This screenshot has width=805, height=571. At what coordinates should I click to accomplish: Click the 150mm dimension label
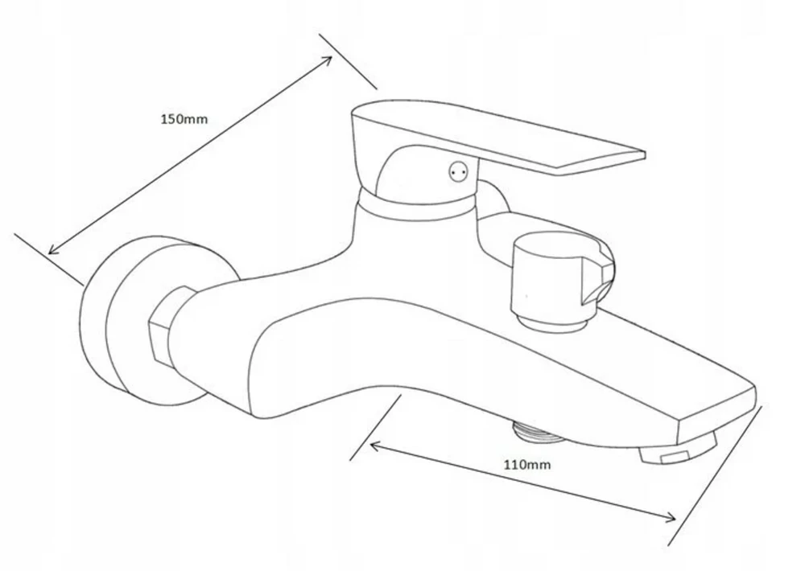click(x=184, y=120)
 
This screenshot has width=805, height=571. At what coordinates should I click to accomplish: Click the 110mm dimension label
click(x=526, y=465)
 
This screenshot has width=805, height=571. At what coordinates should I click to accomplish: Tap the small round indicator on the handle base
click(x=458, y=172)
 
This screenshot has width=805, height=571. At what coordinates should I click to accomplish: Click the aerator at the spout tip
click(x=677, y=452)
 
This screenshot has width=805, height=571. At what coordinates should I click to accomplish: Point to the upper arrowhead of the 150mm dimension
click(x=327, y=60)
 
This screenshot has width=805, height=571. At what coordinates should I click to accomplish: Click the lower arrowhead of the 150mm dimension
click(x=53, y=249)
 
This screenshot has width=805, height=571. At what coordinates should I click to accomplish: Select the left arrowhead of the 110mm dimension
click(x=375, y=447)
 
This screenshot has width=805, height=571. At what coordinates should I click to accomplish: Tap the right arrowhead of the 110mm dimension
click(x=670, y=518)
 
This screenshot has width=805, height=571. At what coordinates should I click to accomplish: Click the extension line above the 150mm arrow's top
click(x=348, y=62)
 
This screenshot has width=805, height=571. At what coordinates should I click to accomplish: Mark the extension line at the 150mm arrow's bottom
click(x=49, y=259)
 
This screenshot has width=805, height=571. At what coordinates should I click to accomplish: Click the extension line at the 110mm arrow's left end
click(x=375, y=427)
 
